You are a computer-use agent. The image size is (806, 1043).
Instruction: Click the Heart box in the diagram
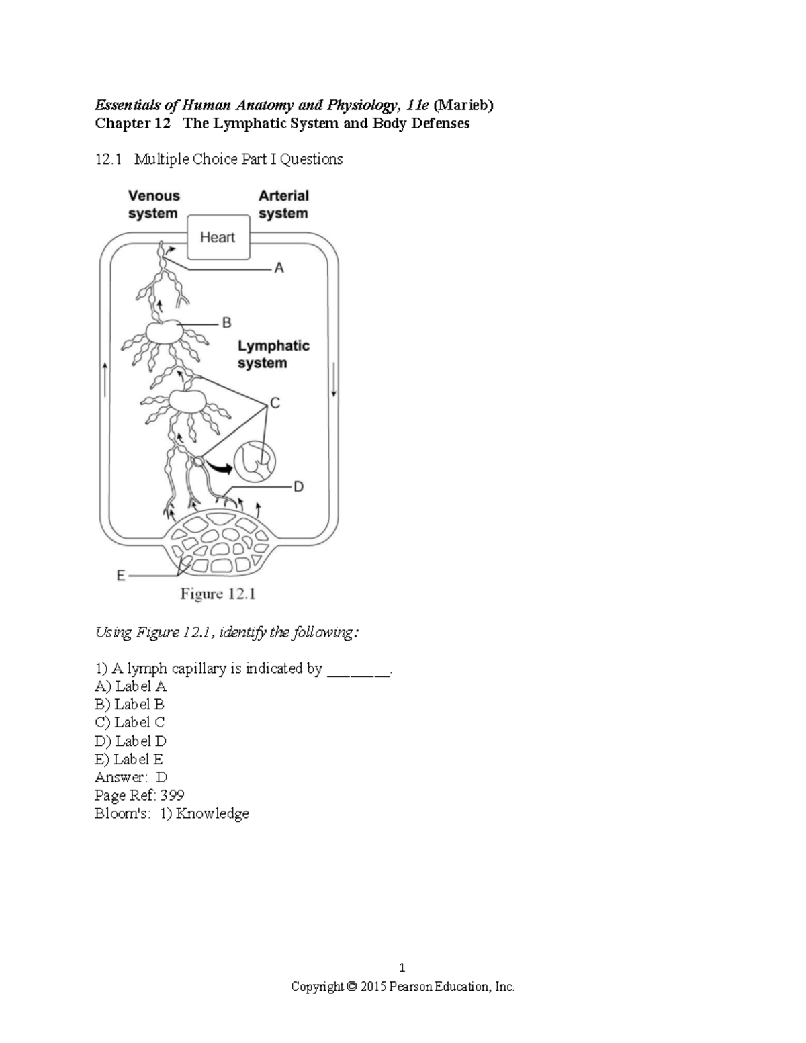(x=218, y=237)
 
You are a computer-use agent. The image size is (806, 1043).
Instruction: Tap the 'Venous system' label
(x=154, y=205)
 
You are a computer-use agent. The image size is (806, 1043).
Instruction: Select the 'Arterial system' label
(x=283, y=205)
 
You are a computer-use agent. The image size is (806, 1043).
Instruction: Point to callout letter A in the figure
(x=279, y=269)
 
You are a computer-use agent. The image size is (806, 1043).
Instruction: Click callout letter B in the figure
(x=226, y=323)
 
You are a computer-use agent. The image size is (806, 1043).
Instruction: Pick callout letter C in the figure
(x=275, y=404)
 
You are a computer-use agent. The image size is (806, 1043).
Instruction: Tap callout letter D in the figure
(x=298, y=486)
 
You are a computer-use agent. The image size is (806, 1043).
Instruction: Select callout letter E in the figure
(x=120, y=576)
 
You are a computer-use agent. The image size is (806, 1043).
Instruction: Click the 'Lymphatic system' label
(x=273, y=355)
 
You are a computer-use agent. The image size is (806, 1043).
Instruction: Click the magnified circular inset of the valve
(x=255, y=461)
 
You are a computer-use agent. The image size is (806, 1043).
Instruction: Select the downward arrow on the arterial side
(x=332, y=381)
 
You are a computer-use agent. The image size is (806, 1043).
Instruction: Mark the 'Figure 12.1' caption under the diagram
(x=218, y=594)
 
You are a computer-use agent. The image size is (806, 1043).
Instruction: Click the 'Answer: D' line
(x=131, y=777)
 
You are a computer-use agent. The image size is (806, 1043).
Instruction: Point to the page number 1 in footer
(x=402, y=968)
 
